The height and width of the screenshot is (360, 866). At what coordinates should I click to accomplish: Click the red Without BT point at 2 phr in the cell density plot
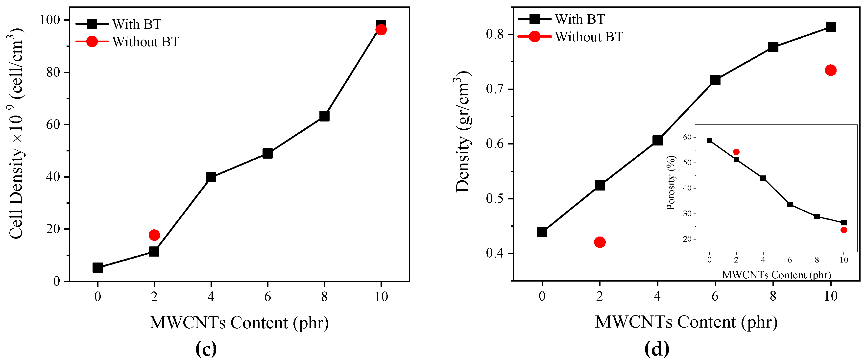pyautogui.click(x=154, y=235)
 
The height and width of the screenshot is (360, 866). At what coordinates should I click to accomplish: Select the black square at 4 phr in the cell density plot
pyautogui.click(x=211, y=177)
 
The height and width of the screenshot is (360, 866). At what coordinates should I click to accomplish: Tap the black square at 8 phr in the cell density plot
pyautogui.click(x=324, y=116)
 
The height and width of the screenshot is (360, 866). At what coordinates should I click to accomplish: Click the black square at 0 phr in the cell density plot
pyautogui.click(x=97, y=267)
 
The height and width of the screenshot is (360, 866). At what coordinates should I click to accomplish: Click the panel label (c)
pyautogui.click(x=206, y=349)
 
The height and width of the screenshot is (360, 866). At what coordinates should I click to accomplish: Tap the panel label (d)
pyautogui.click(x=657, y=349)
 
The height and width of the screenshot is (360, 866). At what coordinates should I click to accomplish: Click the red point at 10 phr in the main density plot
pyautogui.click(x=831, y=70)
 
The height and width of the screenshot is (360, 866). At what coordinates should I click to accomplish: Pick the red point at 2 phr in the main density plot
pyautogui.click(x=600, y=242)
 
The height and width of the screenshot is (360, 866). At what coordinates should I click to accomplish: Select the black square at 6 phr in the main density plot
pyautogui.click(x=715, y=80)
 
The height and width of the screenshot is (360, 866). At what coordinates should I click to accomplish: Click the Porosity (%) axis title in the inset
pyautogui.click(x=671, y=183)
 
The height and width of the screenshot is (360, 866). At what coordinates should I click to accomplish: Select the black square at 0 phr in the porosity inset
pyautogui.click(x=709, y=141)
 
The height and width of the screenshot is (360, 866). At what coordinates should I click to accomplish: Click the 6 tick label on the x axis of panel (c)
pyautogui.click(x=268, y=296)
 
